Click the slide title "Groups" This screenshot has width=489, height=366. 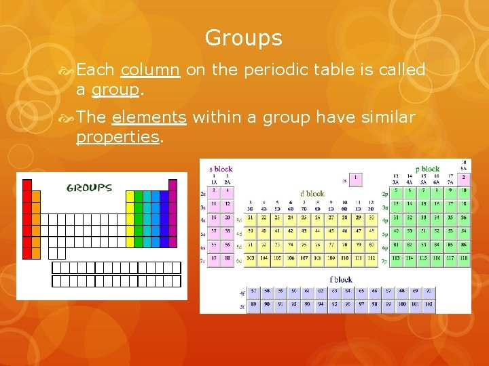[x=243, y=38]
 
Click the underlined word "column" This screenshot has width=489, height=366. [x=149, y=70]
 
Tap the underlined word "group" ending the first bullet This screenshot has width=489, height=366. [x=115, y=89]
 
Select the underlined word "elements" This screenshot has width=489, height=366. [x=149, y=117]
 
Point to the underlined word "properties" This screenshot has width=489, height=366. [x=117, y=137]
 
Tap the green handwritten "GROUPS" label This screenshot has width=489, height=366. [x=89, y=188]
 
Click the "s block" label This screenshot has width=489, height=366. [x=221, y=169]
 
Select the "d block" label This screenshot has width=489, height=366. [x=313, y=193]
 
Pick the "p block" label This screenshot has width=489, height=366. [x=428, y=169]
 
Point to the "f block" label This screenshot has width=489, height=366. [x=341, y=279]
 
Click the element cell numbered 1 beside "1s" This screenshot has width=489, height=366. [x=355, y=180]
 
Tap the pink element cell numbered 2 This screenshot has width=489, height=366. [x=464, y=179]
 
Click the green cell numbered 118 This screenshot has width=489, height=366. [x=464, y=258]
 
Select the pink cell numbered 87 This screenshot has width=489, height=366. [x=214, y=258]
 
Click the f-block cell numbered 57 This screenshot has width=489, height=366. [x=254, y=291]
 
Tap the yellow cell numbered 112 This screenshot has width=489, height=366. [x=372, y=258]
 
